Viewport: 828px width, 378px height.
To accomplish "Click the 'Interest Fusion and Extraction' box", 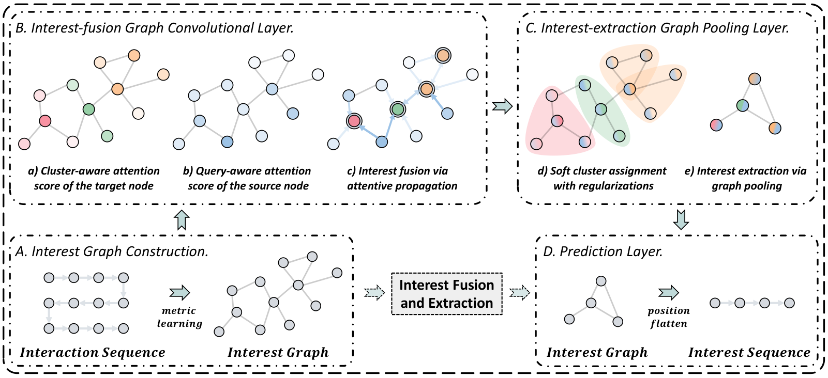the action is (446, 294).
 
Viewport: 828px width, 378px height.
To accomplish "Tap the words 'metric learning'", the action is (179, 317).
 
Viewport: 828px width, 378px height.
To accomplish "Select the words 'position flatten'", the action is (669, 317).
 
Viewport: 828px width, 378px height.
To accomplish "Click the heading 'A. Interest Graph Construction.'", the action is (112, 251).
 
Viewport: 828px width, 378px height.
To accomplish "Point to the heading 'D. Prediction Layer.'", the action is (603, 251).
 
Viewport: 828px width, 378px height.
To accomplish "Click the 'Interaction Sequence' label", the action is (93, 353).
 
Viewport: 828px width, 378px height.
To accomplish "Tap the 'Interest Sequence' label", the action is (749, 353).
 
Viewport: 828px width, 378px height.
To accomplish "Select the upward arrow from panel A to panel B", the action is (182, 220).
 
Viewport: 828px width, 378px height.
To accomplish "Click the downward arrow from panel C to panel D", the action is (681, 220).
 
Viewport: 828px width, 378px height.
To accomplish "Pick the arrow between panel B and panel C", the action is (502, 106).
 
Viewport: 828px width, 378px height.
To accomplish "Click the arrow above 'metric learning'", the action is (179, 292).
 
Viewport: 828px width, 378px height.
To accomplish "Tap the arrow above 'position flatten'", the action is (669, 293).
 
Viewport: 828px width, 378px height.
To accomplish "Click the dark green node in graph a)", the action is (89, 109).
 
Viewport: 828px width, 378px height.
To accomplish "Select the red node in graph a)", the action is (45, 121).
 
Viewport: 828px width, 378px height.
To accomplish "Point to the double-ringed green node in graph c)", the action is (397, 109).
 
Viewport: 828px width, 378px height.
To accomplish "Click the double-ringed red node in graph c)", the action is (354, 121).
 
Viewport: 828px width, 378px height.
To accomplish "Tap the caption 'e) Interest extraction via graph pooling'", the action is (746, 178).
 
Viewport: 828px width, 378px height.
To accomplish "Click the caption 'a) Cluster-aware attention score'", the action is (94, 171).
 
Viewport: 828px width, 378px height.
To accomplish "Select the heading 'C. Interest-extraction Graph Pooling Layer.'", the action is (657, 28).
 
